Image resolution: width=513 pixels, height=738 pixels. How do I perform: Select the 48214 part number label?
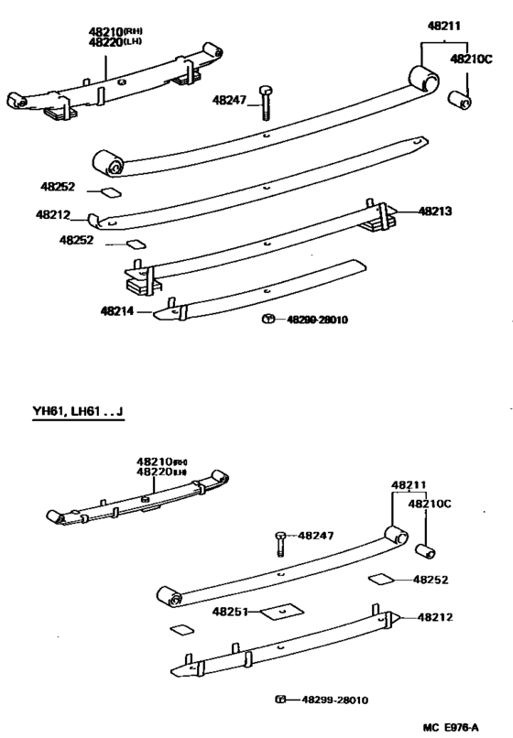(118, 311)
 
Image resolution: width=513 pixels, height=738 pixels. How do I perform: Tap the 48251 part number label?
(230, 611)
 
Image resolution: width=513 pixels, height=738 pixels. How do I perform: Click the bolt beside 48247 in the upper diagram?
(265, 104)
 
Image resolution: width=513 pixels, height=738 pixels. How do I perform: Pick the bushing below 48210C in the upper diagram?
(459, 98)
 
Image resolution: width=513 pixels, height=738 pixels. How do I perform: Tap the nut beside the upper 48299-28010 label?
(267, 319)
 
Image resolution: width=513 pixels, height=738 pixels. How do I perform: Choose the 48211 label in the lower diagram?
(409, 484)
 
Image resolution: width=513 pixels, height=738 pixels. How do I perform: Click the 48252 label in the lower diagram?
(431, 580)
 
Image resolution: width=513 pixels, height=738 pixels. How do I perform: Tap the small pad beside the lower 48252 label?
(378, 580)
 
